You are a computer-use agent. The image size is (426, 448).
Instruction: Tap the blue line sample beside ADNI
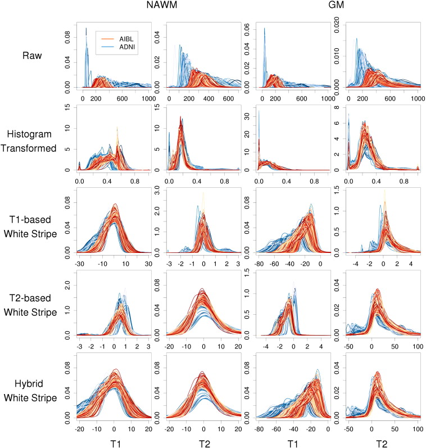pos(105,47)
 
